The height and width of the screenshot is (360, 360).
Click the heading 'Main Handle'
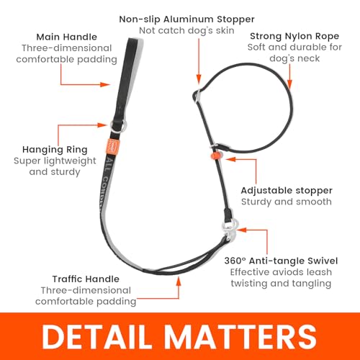[67, 37]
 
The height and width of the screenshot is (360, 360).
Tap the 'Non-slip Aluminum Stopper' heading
[186, 19]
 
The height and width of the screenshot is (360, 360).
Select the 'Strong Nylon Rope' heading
[294, 36]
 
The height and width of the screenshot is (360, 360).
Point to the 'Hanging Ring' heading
[55, 150]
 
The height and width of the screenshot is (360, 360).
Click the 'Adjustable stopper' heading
[287, 191]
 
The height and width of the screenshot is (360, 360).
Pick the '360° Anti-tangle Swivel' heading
[281, 261]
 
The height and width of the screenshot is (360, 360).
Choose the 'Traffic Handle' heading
[86, 279]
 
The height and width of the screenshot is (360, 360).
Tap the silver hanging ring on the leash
[118, 125]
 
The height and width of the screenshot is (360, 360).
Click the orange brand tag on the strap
[112, 146]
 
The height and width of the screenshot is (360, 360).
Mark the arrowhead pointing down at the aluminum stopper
[199, 78]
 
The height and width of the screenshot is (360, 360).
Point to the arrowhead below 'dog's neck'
[289, 84]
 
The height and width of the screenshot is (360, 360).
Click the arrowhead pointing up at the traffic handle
[179, 281]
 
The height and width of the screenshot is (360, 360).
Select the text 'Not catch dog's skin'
[186, 30]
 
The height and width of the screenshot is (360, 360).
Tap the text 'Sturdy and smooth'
[287, 202]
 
